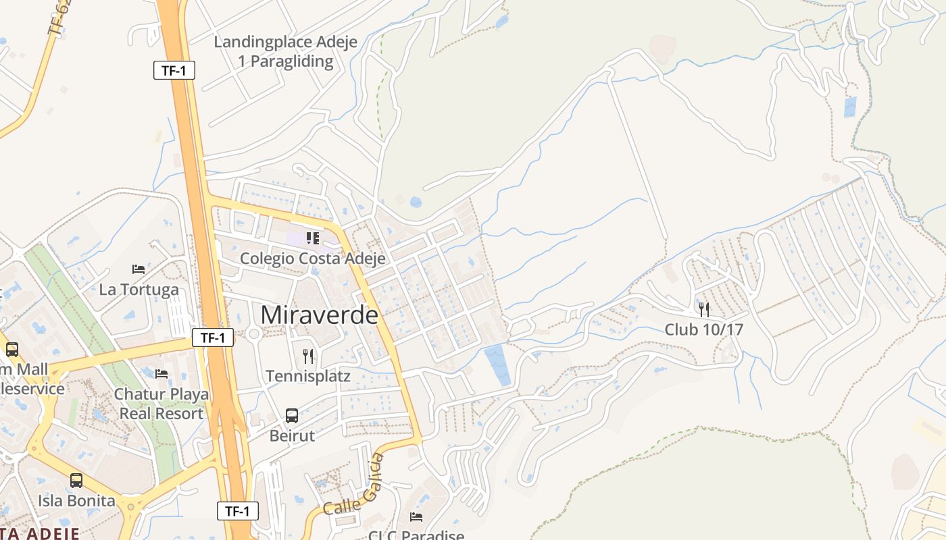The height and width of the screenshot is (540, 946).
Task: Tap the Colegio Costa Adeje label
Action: pos(313,259)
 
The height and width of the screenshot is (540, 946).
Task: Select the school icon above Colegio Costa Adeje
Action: pos(312,238)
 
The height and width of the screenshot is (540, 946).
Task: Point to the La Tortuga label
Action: pos(139,290)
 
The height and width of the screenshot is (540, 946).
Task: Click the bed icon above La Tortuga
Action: pos(139,269)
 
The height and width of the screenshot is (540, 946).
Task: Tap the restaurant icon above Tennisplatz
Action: pos(308,356)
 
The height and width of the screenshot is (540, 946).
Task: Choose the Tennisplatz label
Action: pos(308,376)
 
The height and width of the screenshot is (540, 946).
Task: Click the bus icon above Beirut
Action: pos(292,415)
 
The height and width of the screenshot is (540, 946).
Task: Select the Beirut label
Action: pos(292,435)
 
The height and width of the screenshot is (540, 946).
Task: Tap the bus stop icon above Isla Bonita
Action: pos(76,481)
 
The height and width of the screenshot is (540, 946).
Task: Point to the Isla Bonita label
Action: pos(76,501)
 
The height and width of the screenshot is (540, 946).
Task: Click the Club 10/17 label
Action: pos(704,329)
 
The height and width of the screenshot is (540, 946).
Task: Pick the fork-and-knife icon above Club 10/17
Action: pos(704,309)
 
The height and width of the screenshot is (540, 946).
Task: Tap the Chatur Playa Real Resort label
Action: pos(161,404)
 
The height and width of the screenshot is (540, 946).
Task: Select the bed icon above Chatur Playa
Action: pos(161,373)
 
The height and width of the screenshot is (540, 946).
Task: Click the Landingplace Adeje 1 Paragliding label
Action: pos(285,51)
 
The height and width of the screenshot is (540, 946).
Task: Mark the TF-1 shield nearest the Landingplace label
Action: pos(174,70)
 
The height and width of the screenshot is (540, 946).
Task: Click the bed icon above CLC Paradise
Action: pos(416,517)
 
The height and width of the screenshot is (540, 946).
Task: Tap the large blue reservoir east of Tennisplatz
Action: pos(499,364)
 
